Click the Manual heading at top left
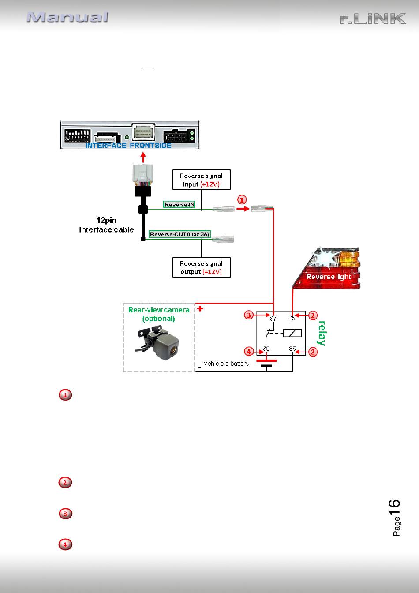67,17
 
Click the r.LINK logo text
373,19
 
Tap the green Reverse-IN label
179,204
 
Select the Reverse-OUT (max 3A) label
180,234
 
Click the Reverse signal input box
201,180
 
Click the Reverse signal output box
201,267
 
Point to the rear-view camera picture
158,343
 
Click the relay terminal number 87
273,318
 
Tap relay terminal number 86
292,349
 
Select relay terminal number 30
266,349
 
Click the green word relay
322,333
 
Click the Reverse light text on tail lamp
329,277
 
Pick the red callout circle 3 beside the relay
249,315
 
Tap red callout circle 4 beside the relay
249,352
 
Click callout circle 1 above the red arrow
242,199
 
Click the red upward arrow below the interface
143,157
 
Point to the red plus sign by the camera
200,308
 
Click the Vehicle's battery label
226,364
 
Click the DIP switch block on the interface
78,135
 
